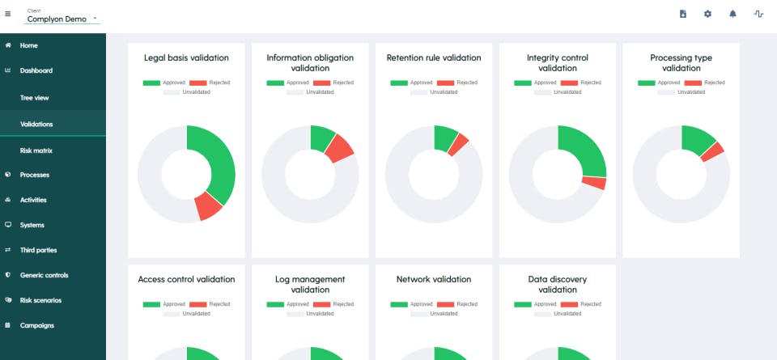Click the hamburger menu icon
tap(8, 14)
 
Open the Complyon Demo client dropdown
tap(62, 18)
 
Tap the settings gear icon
tap(707, 14)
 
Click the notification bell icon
tap(732, 14)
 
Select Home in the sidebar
tap(29, 45)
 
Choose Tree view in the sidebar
tap(35, 97)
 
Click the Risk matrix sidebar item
tap(36, 150)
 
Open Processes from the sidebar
tap(34, 175)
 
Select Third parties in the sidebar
tap(38, 250)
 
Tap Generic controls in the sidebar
tap(45, 275)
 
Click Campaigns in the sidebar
tap(36, 325)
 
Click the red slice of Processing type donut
tap(712, 150)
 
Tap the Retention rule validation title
tap(434, 58)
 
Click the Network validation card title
tap(434, 279)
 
